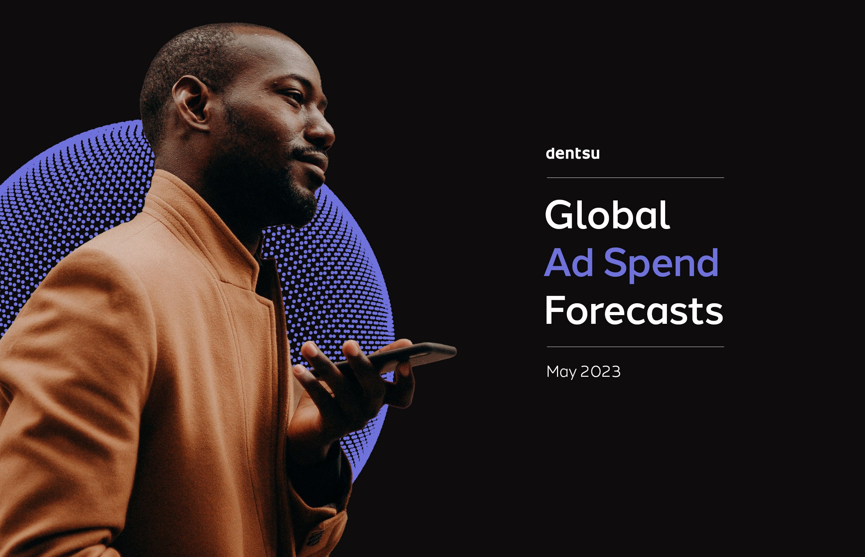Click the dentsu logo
point(573,153)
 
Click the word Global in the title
point(607,215)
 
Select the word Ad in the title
point(569,263)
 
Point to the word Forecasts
point(634,311)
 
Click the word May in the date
point(561,372)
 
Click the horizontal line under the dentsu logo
point(635,177)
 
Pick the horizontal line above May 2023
point(635,347)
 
